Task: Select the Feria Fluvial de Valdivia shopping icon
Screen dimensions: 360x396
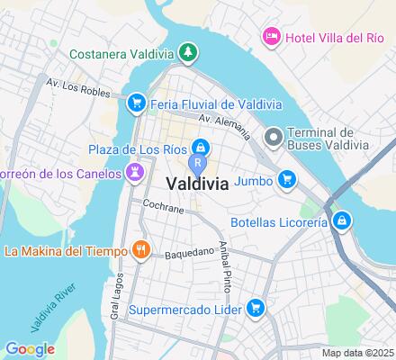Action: click(137, 103)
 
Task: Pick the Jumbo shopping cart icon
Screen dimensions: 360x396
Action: click(286, 180)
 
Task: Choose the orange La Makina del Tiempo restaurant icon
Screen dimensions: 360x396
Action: click(139, 249)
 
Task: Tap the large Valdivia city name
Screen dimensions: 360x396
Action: click(195, 182)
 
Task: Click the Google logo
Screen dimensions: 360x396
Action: click(30, 349)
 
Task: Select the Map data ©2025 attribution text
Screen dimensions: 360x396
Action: click(358, 353)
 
